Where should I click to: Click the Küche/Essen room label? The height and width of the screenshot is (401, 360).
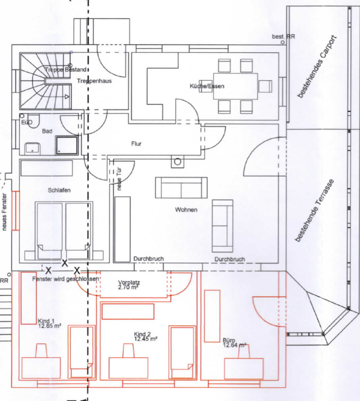pyautogui.click(x=207, y=87)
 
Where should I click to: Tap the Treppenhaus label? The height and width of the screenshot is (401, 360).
pyautogui.click(x=94, y=81)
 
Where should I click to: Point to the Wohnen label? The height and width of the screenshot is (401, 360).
pyautogui.click(x=186, y=210)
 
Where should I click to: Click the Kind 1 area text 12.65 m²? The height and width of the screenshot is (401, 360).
pyautogui.click(x=49, y=326)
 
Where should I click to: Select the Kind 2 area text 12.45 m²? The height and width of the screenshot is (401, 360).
pyautogui.click(x=145, y=338)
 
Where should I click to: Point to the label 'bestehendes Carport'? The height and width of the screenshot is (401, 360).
pyautogui.click(x=317, y=67)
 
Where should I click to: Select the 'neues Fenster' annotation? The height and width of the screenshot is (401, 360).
pyautogui.click(x=4, y=212)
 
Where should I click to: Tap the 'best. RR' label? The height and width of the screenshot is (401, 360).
pyautogui.click(x=283, y=36)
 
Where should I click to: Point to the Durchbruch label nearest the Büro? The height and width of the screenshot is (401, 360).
pyautogui.click(x=230, y=259)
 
